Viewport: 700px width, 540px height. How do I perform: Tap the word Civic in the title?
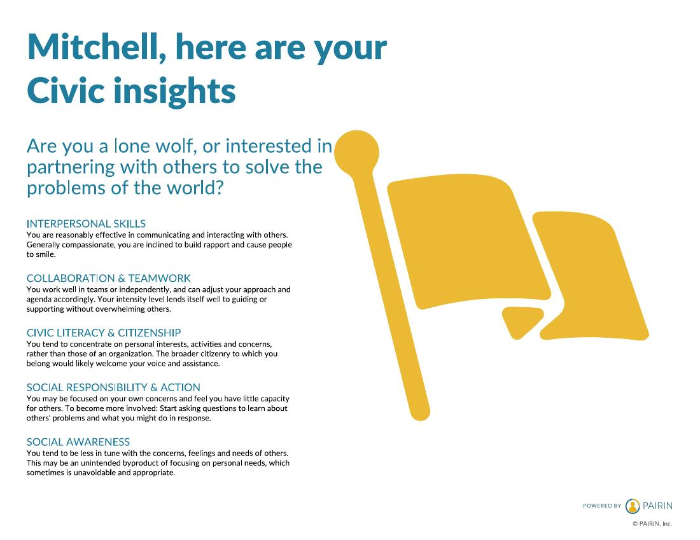[x=66, y=90]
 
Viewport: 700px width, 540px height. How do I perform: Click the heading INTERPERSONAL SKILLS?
[x=86, y=224]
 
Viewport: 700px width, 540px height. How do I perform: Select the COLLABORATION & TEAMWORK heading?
[x=108, y=278]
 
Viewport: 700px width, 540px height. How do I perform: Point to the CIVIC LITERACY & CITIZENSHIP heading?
[x=104, y=333]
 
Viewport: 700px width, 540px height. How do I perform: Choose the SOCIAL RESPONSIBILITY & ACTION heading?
[x=113, y=387]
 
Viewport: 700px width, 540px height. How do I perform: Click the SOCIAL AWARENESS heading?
[x=78, y=442]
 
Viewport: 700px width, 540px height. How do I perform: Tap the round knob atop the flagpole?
[x=357, y=152]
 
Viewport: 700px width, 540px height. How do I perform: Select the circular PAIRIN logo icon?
[x=632, y=506]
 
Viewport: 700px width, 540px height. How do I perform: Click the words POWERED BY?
[x=602, y=506]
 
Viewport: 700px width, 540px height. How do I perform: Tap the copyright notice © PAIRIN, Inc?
[x=652, y=524]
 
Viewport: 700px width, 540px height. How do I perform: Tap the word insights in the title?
[x=174, y=91]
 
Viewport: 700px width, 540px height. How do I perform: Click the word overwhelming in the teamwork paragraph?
[x=127, y=309]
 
